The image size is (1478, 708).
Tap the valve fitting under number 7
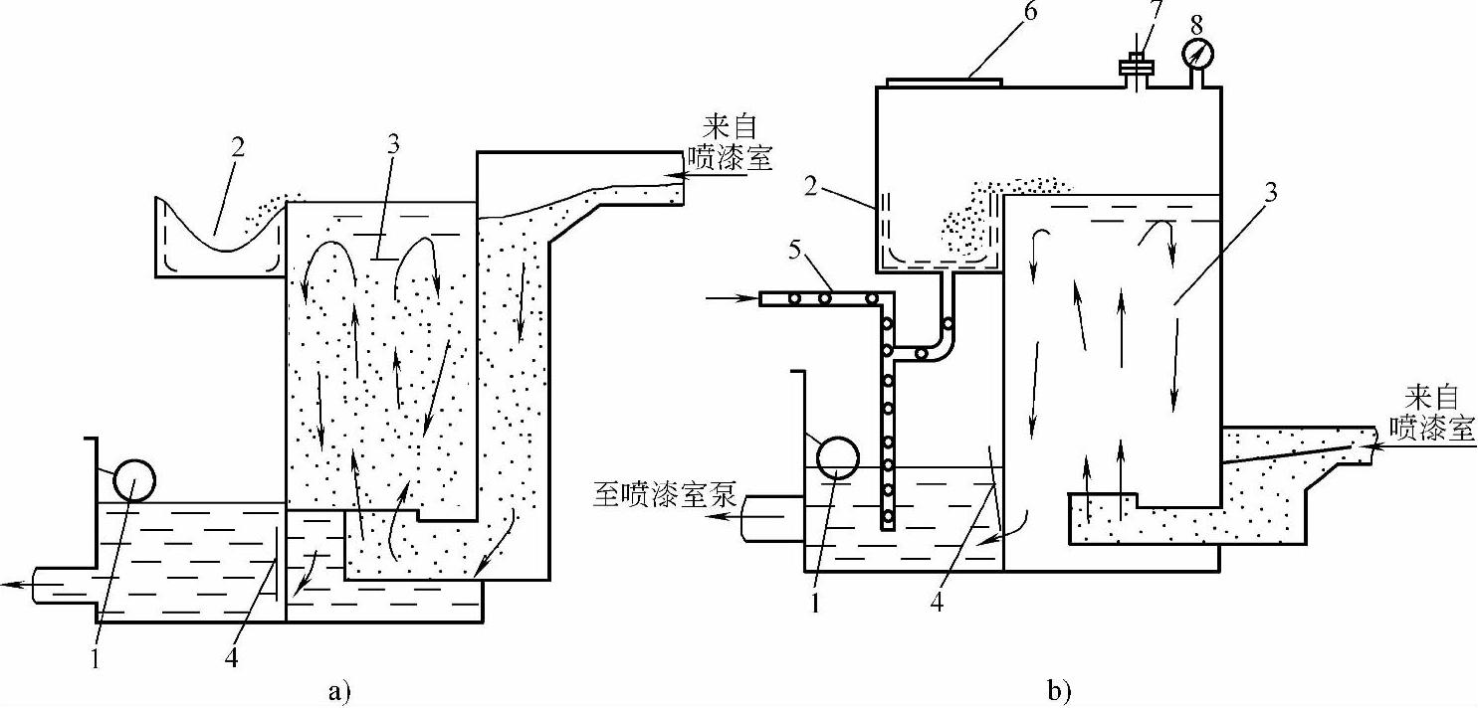tap(1136, 69)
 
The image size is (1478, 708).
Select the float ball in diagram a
tap(134, 481)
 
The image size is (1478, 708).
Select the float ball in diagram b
tap(837, 457)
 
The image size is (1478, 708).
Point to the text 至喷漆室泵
tap(670, 496)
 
